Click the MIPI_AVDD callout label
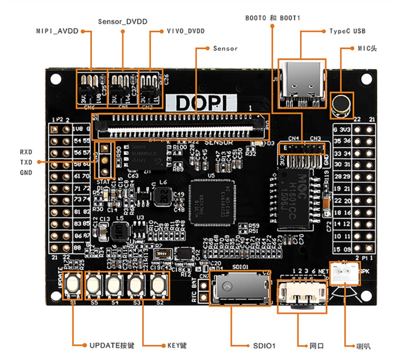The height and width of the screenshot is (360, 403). pos(56,33)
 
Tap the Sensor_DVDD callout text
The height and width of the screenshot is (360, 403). pos(122,21)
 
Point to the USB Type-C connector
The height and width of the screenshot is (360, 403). pos(302,83)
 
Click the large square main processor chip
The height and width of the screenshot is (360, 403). pos(213,202)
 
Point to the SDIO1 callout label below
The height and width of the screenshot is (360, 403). pos(262,346)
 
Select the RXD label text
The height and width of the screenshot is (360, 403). pos(26,153)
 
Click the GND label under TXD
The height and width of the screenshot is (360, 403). pos(26,173)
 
